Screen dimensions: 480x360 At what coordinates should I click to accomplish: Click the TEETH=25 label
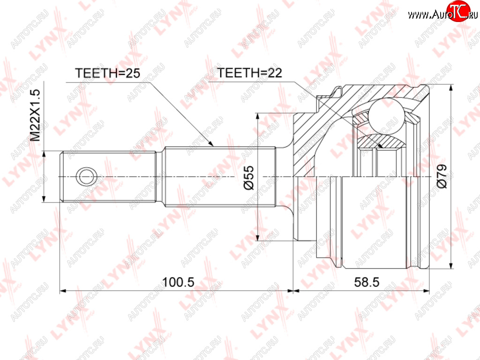(107, 73)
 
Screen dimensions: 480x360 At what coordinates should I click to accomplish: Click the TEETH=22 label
(249, 73)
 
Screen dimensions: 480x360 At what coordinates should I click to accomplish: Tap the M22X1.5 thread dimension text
(36, 115)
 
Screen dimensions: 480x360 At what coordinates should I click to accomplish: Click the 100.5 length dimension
(178, 282)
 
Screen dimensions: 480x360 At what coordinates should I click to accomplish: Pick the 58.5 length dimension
(367, 282)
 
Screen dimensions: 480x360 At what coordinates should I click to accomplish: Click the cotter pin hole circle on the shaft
(86, 177)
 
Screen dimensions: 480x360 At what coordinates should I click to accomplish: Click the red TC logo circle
(458, 11)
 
